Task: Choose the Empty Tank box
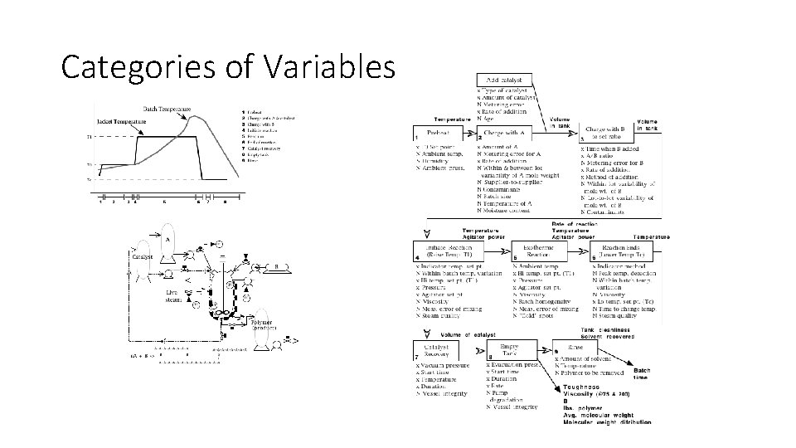pos(509,350)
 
